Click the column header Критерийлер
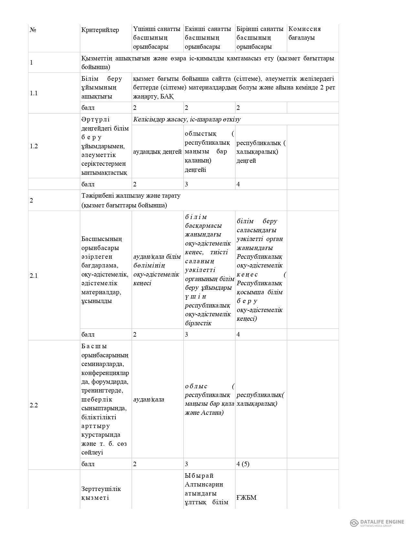coord(100,30)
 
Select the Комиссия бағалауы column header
coord(304,33)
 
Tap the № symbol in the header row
coord(33,30)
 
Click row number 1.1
coord(34,93)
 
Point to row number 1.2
coord(34,146)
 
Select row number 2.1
coord(34,276)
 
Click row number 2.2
coord(34,405)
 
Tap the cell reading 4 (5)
coord(243,464)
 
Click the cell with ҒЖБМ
coord(246,497)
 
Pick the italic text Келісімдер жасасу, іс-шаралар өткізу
coord(187,120)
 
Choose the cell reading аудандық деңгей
coord(157,152)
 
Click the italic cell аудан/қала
coord(149,399)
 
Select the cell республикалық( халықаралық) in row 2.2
coord(260,399)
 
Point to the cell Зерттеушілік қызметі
coord(101,493)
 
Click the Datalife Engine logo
coord(377,522)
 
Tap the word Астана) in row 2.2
coord(212,413)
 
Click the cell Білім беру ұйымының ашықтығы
coord(102,88)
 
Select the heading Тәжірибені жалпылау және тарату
coord(131,196)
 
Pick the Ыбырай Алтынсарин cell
coord(204,480)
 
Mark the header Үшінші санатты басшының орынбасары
coord(157,38)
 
